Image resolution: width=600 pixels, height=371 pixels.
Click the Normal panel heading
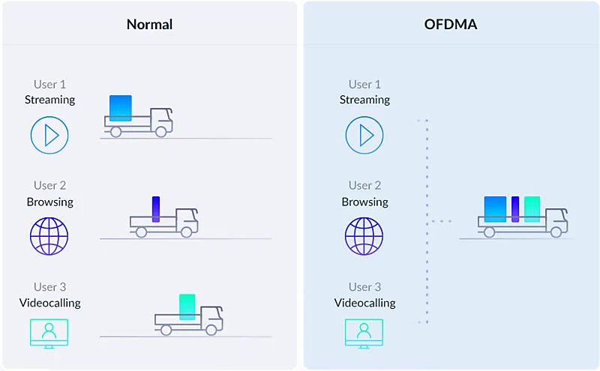coord(149,25)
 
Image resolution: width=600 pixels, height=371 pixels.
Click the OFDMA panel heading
coord(451,25)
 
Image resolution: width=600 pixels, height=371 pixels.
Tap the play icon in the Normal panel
coord(49,135)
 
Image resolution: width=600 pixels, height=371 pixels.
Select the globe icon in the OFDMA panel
coord(364,236)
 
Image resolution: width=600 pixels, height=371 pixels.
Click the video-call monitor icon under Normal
coord(49,334)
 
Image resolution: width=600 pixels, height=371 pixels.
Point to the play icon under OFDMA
coord(364,135)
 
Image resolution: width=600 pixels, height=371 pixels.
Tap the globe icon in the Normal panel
coord(49,236)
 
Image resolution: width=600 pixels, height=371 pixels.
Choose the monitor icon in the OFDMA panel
coord(364,334)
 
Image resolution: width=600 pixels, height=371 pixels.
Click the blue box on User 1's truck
coord(121,108)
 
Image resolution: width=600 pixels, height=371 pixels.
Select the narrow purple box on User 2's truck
coord(156,209)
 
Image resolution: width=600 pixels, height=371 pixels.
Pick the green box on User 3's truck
coord(187,307)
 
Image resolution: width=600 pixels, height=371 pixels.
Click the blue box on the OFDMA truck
coord(495,209)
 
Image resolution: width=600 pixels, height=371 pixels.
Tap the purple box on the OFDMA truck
coord(515,209)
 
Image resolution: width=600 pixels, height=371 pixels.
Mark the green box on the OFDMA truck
coord(532,209)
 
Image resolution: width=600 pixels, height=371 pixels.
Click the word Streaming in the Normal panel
coord(49,100)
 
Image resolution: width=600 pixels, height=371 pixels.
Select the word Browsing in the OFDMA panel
coord(364,202)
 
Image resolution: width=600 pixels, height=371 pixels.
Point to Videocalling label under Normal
coord(49,303)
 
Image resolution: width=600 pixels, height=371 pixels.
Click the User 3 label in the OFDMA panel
coord(364,287)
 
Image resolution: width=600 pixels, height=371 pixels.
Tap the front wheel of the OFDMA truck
coord(556,232)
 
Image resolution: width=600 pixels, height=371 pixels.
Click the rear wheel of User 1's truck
coord(116,132)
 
